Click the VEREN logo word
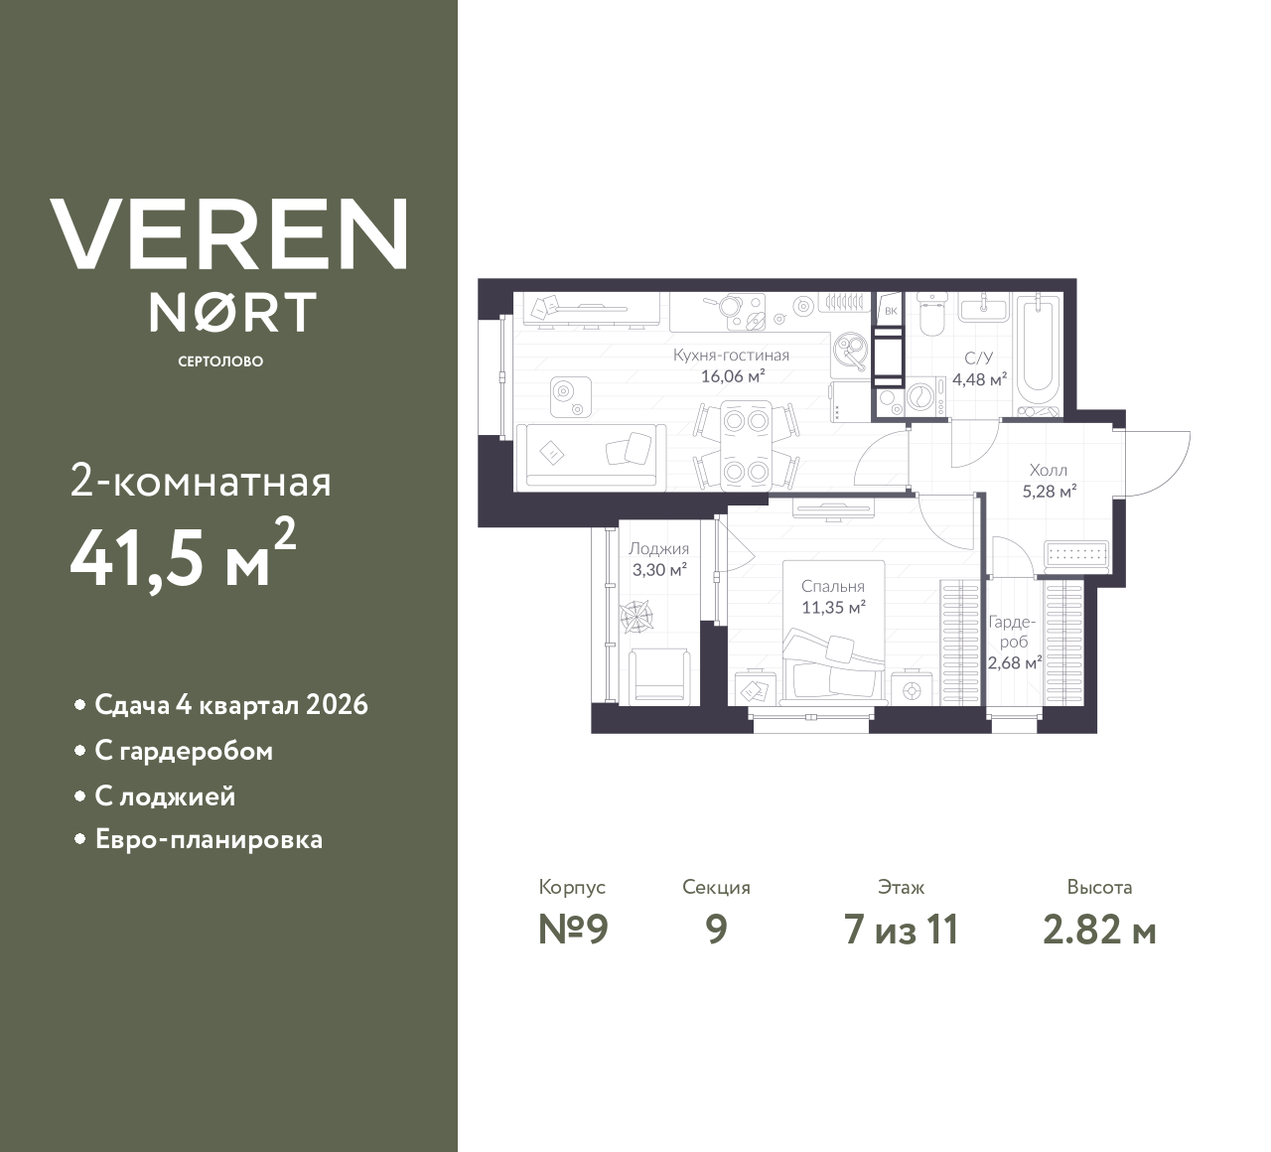(229, 234)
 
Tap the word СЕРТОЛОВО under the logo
(220, 361)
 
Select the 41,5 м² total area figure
(183, 558)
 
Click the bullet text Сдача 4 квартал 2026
(230, 705)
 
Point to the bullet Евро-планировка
(209, 840)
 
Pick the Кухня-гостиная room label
(731, 356)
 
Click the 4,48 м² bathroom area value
(979, 378)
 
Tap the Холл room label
(1049, 470)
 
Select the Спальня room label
(833, 586)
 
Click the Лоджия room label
(658, 548)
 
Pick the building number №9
(572, 930)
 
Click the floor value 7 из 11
(901, 930)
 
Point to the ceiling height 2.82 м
(1099, 930)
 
